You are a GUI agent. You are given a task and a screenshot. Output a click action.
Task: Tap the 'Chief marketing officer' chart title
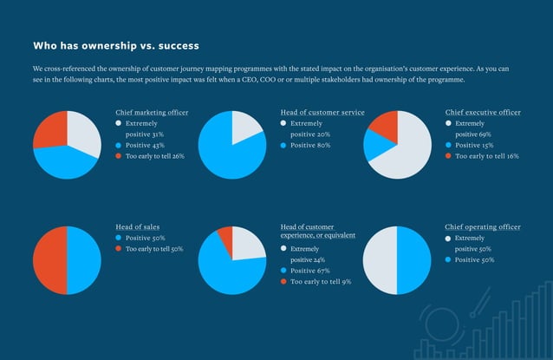coord(152,113)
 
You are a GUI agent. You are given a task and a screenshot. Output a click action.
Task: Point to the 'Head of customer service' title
coord(322,113)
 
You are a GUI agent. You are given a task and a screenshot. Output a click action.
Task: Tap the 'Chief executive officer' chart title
coord(483,113)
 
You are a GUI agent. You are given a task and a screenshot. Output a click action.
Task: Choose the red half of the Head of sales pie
coord(49,259)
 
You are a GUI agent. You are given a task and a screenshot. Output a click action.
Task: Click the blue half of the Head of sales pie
coord(84,259)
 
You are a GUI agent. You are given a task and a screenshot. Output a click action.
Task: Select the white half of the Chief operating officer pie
coord(380,259)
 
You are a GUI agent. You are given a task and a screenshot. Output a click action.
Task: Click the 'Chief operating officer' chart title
coord(483,227)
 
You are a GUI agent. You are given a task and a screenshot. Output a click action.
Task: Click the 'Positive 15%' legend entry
coord(478,146)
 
